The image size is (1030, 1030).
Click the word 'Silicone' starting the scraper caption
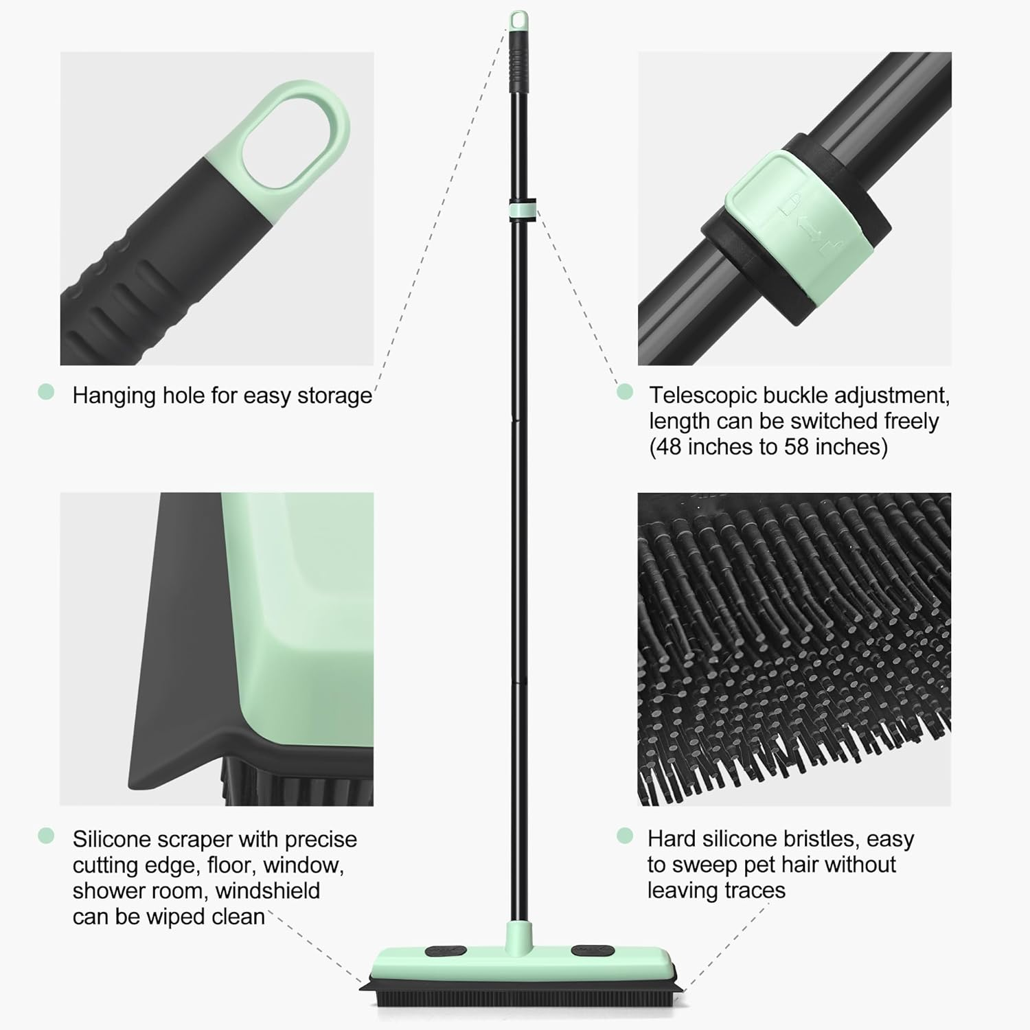click(x=111, y=839)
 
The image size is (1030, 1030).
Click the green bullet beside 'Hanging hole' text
click(x=46, y=392)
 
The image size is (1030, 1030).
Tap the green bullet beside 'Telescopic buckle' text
click(x=624, y=391)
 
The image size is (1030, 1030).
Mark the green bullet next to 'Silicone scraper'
click(x=46, y=836)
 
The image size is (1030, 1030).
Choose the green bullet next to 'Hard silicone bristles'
click(x=624, y=836)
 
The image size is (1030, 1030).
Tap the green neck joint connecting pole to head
click(x=520, y=932)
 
